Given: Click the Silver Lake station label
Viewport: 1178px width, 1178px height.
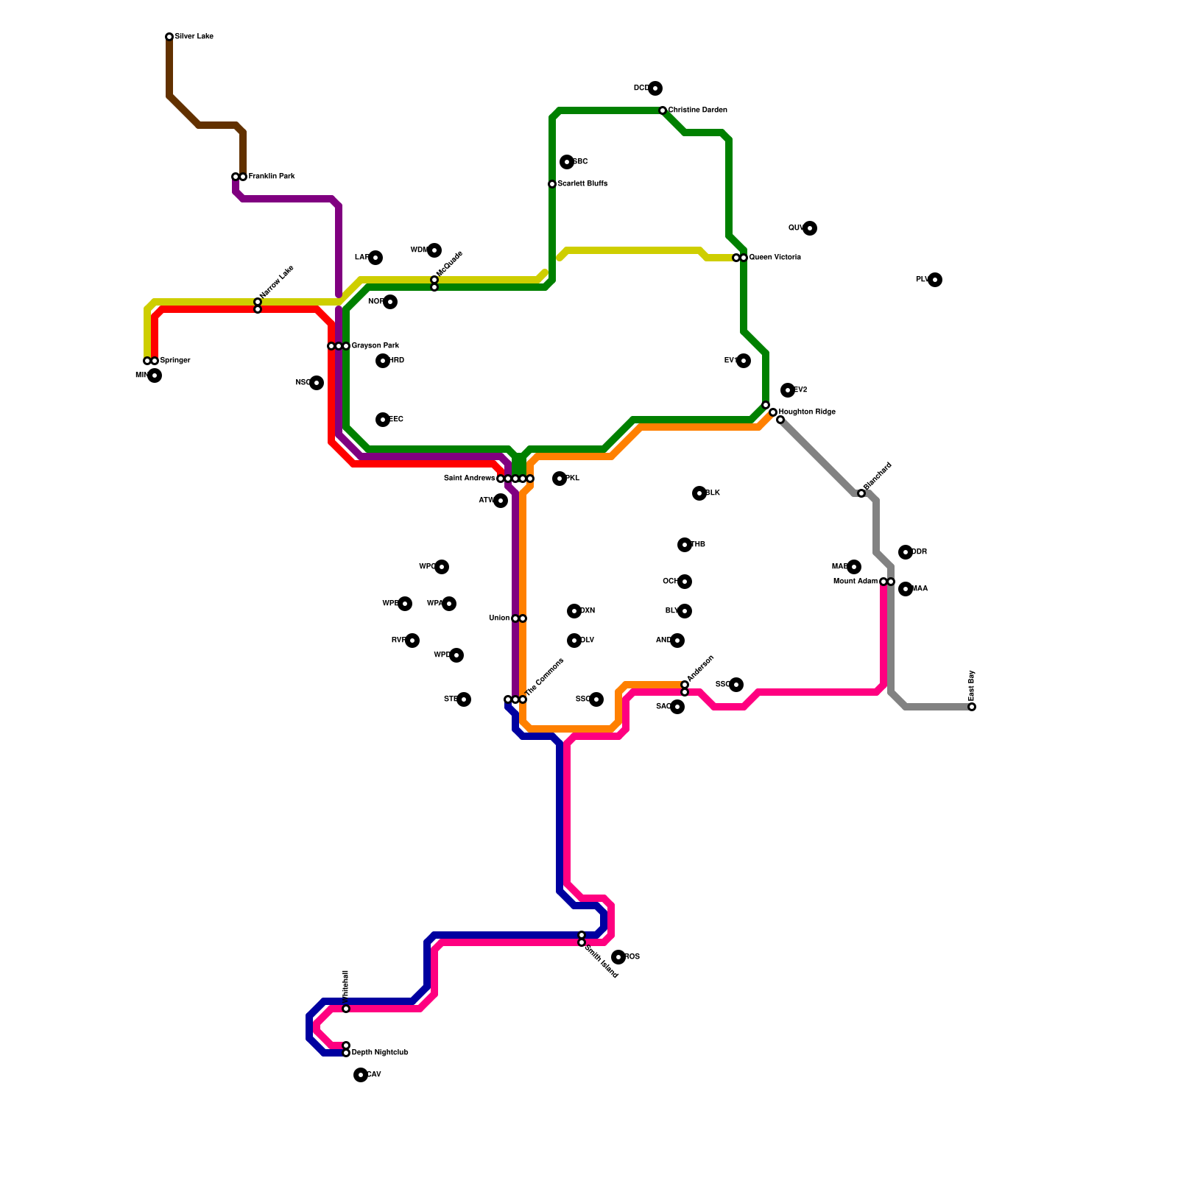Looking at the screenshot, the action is [194, 37].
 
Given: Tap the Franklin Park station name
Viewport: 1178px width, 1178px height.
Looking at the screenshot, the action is [271, 177].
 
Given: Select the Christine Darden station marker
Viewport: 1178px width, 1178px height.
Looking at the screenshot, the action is [663, 110].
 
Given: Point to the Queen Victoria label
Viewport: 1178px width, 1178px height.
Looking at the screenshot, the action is [775, 258].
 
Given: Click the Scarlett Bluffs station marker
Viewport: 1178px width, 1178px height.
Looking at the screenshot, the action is [552, 184].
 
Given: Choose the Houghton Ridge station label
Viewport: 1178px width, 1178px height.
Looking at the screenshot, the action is [807, 412].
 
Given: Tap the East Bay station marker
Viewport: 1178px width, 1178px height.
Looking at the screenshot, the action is [972, 707].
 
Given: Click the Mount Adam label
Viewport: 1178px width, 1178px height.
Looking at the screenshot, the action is [855, 582].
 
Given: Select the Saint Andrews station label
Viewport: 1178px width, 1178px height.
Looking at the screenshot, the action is [469, 479].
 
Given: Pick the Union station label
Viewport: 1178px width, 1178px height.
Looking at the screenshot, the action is [499, 618].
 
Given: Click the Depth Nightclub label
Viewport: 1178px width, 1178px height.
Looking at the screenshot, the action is [379, 1053].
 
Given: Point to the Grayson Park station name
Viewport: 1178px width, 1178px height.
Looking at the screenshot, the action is [375, 346].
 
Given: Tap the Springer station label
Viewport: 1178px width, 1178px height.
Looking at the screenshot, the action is [175, 361].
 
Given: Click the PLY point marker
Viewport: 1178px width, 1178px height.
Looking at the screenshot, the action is [935, 280].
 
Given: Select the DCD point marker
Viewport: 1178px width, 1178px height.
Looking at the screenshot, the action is [655, 88].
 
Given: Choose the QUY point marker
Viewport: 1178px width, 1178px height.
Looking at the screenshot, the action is [810, 228].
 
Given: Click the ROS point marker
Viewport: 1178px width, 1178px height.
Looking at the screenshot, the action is [618, 957].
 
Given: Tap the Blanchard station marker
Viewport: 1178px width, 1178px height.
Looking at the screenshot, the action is [861, 493].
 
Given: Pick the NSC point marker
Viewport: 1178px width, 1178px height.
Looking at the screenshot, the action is [317, 383].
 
